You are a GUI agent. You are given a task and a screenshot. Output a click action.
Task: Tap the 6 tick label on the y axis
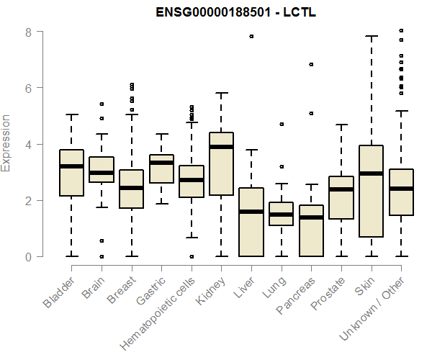tap(28, 89)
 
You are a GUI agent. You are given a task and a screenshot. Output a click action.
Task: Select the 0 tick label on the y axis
tap(28, 257)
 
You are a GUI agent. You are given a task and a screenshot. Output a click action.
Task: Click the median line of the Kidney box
tap(221, 147)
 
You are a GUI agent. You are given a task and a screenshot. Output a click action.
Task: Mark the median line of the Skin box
tap(371, 174)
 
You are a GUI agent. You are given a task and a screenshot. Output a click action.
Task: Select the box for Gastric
tap(161, 168)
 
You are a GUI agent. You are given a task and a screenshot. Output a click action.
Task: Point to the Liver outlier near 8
tap(251, 36)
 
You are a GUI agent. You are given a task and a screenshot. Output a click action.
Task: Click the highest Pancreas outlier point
tap(311, 64)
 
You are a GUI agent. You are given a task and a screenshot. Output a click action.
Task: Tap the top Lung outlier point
tap(281, 124)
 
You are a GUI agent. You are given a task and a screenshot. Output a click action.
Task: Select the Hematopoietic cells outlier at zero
tap(191, 256)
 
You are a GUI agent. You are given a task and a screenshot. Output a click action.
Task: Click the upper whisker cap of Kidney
tap(221, 93)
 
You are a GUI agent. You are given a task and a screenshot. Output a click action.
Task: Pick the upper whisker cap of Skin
tap(371, 36)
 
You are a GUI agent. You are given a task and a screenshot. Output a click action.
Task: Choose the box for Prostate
tap(341, 198)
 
